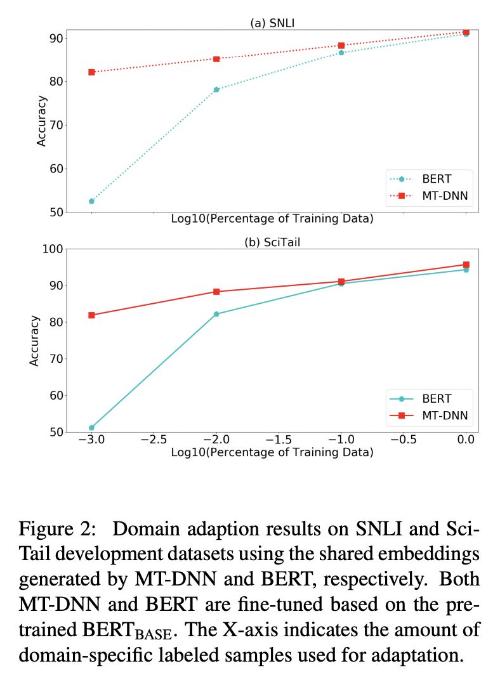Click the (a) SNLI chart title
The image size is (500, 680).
point(272,23)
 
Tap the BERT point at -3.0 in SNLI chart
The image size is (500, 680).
point(91,201)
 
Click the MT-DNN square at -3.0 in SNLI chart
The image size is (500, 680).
point(91,72)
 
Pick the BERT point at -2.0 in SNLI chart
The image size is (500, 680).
point(216,89)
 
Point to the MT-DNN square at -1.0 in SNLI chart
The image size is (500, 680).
point(341,46)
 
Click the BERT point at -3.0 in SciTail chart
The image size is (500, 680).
point(91,428)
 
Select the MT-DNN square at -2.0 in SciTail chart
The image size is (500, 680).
point(216,292)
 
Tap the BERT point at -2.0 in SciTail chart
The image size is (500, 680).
point(216,314)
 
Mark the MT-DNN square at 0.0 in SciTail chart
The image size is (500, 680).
point(466,265)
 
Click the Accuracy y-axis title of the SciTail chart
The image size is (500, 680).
point(35,341)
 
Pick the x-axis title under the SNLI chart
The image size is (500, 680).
point(272,219)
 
